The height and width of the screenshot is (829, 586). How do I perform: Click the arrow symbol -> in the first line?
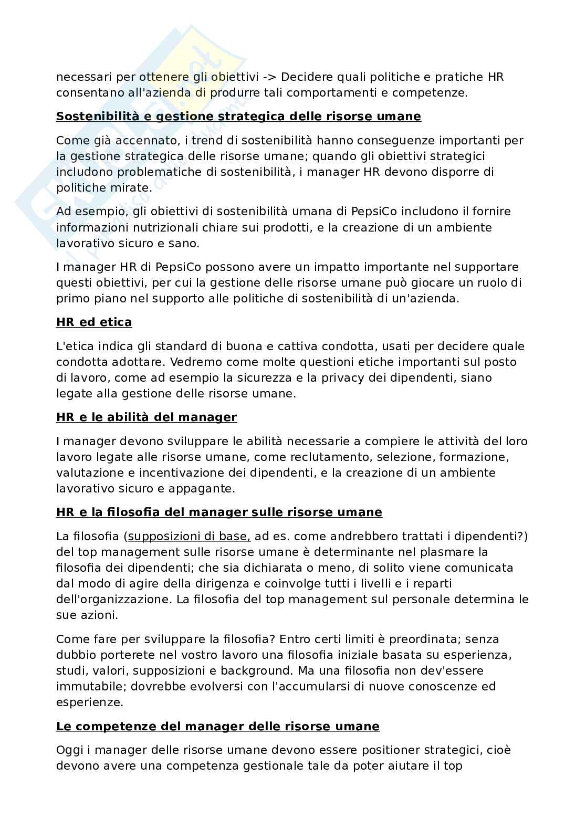269,77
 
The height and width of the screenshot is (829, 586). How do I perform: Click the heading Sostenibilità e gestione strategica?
238,117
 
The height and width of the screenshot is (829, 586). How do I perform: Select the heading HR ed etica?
94,322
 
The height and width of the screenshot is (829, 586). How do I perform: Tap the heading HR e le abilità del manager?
146,417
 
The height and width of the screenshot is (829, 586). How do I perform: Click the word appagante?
201,488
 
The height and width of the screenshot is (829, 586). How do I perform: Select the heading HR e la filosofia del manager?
219,512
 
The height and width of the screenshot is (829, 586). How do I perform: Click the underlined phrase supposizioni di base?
189,536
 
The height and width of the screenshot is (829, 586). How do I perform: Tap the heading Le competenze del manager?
217,727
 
